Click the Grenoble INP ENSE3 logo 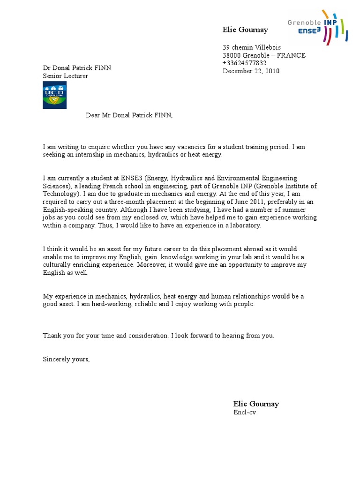(317, 27)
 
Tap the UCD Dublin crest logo (55, 95)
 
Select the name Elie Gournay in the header (245, 30)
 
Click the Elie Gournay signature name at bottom (256, 404)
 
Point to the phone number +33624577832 (244, 63)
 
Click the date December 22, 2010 (251, 71)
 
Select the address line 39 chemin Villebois (252, 47)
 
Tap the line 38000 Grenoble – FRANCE (263, 55)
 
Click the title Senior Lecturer (65, 76)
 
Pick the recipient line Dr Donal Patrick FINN (77, 68)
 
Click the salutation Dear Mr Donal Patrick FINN (129, 115)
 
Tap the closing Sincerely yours (66, 359)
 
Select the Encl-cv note (245, 412)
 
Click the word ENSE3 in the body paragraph (129, 178)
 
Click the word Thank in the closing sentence (52, 336)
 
